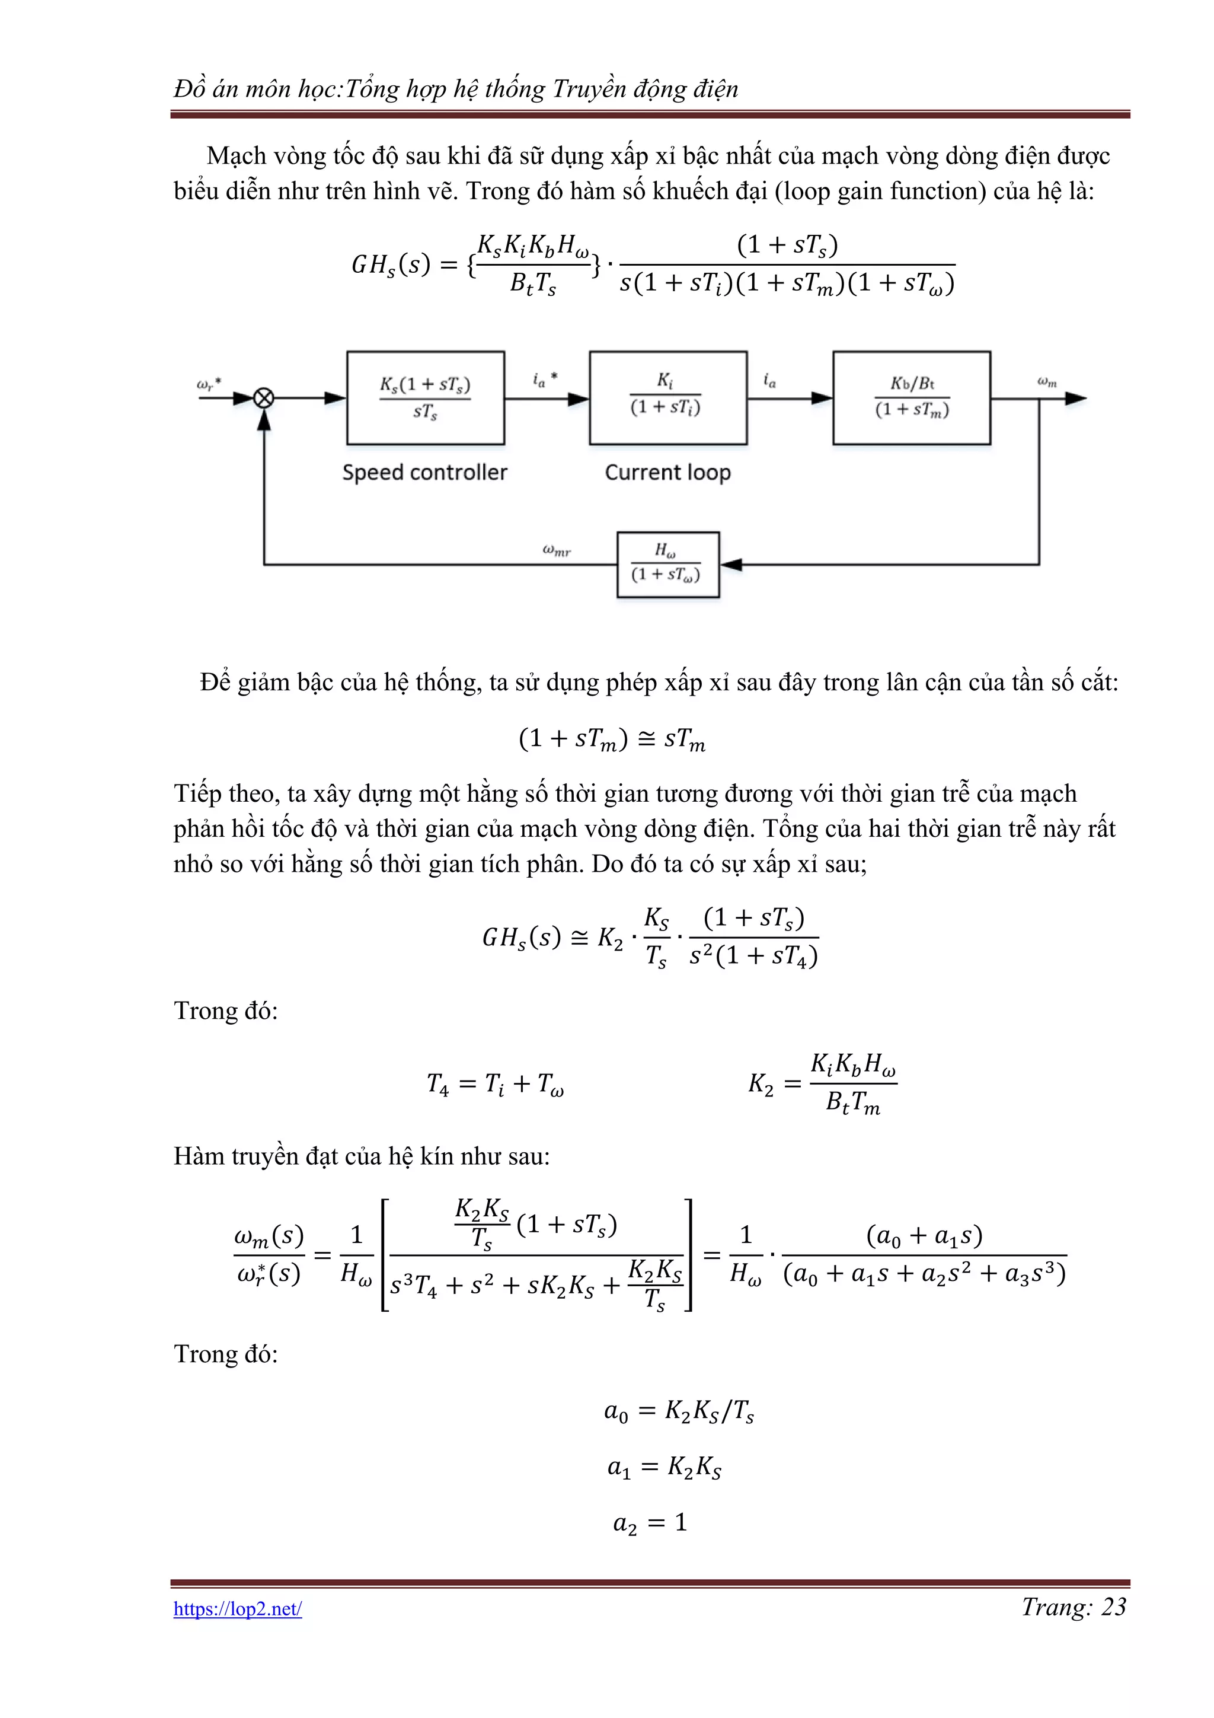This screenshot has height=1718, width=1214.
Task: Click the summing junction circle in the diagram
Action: point(263,398)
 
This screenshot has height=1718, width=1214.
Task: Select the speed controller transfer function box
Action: point(425,397)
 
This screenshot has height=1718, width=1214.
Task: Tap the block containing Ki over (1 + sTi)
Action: point(667,397)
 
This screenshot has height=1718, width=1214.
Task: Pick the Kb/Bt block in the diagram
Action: point(911,397)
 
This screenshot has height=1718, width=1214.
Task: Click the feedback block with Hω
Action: point(667,564)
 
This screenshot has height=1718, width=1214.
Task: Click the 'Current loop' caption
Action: point(667,472)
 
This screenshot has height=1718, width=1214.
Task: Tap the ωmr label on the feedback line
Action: point(557,551)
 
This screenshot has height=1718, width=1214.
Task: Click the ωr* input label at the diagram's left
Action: point(209,385)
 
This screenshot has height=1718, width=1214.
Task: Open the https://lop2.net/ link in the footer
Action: point(237,1609)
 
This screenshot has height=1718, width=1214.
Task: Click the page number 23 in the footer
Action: point(1114,1607)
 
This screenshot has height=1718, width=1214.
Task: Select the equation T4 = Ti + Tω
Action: point(495,1083)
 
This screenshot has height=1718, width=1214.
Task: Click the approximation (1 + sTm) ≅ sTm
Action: point(612,740)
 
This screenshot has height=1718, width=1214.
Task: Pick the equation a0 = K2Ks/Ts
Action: point(679,1411)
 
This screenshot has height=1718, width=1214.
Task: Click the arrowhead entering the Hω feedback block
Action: point(731,564)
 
